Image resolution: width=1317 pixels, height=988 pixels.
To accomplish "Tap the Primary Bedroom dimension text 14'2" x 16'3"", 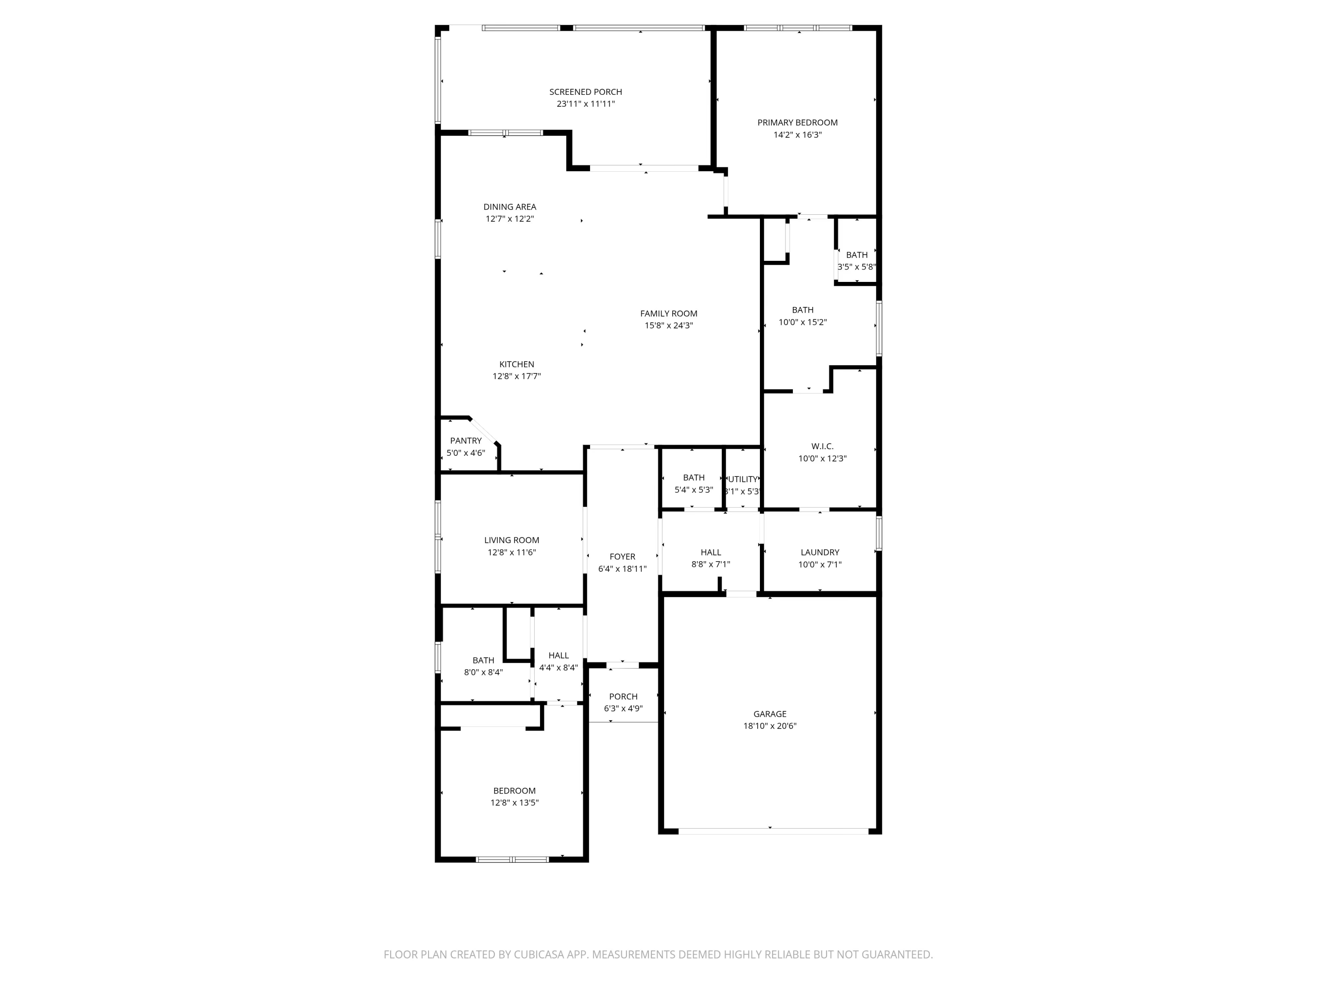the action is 797,135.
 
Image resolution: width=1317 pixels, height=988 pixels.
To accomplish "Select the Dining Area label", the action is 510,207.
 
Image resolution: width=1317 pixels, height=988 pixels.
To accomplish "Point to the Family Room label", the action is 669,313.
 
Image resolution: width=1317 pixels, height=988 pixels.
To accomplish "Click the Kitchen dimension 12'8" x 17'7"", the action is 516,376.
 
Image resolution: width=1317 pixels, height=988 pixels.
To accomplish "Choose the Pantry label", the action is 466,441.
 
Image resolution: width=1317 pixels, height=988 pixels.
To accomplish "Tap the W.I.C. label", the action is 822,446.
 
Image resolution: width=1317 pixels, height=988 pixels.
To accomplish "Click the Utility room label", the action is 743,479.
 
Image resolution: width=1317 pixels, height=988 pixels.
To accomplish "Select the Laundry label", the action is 820,552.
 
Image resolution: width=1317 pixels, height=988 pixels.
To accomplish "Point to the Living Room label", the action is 511,540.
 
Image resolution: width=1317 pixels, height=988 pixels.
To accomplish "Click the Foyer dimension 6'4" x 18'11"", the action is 622,569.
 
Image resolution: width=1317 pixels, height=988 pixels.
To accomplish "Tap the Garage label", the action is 770,714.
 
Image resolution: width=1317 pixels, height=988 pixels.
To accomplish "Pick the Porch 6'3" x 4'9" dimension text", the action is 623,709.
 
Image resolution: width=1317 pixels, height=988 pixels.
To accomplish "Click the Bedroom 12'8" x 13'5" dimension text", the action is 515,803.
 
